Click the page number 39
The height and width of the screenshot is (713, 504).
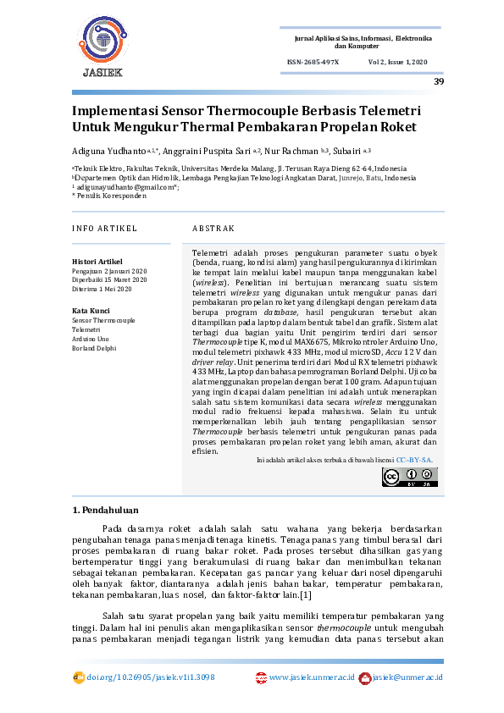[x=438, y=81]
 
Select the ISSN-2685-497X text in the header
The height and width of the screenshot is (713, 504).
[x=313, y=63]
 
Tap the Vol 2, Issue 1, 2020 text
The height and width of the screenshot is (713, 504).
[x=398, y=63]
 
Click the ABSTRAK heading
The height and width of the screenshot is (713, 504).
[x=213, y=229]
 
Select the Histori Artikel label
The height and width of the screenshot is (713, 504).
[x=97, y=262]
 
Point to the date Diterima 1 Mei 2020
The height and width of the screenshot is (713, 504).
[x=102, y=289]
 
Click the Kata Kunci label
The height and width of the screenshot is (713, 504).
[x=91, y=312]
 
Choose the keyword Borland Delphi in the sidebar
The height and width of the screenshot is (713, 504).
[x=94, y=348]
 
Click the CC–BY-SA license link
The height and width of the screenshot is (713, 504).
[x=414, y=459]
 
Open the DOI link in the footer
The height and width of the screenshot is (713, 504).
[x=150, y=677]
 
